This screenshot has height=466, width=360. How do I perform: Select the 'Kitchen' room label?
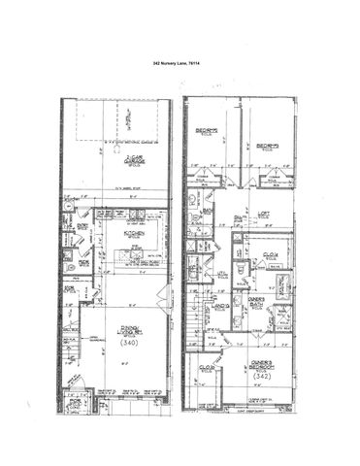135,233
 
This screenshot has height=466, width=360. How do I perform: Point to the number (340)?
125,344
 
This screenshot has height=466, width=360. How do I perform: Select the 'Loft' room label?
262,215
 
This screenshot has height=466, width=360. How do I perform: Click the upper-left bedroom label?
206,132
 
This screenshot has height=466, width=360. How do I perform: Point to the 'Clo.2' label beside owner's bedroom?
207,369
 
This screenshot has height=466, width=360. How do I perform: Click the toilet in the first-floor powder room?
69,265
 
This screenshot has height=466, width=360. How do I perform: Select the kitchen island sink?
126,257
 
